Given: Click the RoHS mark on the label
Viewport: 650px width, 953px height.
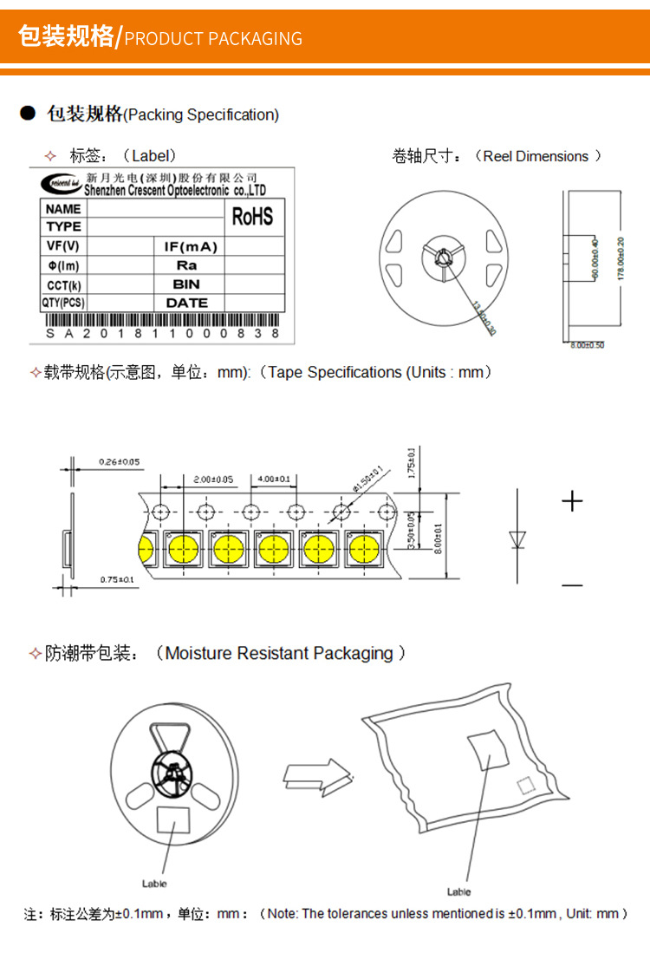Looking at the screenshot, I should click(x=252, y=216).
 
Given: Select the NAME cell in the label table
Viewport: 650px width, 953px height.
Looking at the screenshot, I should click(x=63, y=209).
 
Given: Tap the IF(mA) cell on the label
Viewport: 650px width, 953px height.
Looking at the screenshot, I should click(x=190, y=246).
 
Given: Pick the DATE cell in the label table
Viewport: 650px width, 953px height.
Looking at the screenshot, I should click(x=187, y=303).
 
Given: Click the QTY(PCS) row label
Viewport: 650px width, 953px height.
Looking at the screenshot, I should click(x=63, y=303).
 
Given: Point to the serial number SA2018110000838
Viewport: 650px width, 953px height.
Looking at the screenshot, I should click(x=163, y=333).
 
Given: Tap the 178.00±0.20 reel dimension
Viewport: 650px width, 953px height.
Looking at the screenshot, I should click(x=620, y=258).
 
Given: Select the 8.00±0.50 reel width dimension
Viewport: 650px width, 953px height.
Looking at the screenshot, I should click(x=587, y=345).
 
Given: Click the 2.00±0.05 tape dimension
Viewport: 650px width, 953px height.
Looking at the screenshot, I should click(x=212, y=479).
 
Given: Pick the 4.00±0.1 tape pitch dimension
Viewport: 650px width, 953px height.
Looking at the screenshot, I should click(x=273, y=479).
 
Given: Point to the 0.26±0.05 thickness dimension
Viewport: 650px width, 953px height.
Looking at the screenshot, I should click(x=120, y=461).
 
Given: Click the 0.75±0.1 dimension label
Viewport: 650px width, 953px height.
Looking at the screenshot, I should click(x=118, y=578).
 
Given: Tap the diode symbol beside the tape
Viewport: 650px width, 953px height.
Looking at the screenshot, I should click(x=517, y=539).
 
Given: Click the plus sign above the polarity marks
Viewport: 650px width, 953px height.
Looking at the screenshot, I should click(x=572, y=501).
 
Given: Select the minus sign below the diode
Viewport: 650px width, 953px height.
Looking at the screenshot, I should click(x=572, y=585).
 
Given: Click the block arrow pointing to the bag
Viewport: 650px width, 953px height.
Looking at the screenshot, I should click(x=317, y=774).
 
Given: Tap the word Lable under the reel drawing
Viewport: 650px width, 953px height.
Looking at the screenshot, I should click(x=154, y=884).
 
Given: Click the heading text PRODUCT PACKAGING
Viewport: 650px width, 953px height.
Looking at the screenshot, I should click(x=213, y=38).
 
